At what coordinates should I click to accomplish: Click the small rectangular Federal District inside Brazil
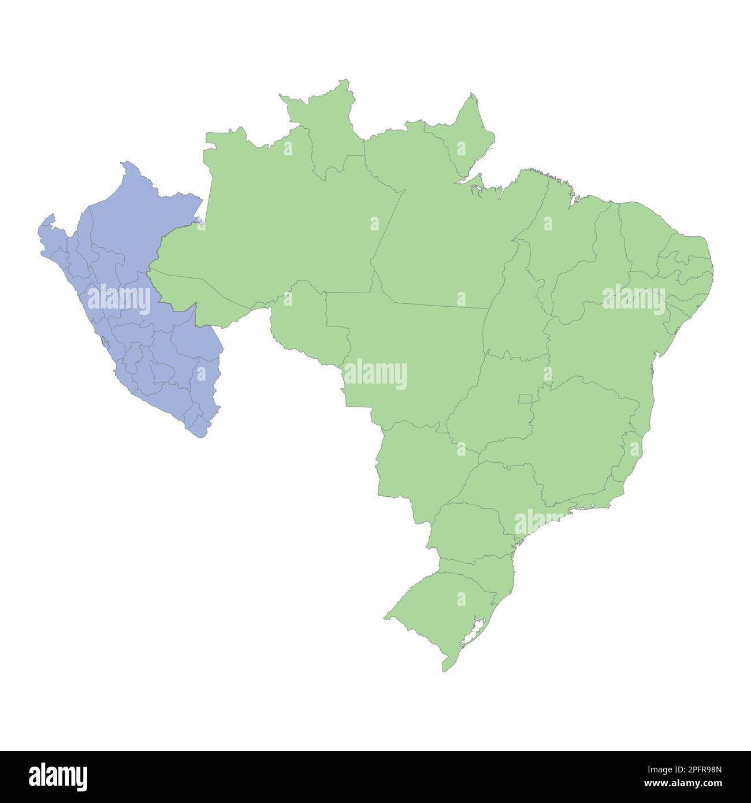tap(526, 398)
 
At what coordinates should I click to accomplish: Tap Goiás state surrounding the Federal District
tap(491, 404)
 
